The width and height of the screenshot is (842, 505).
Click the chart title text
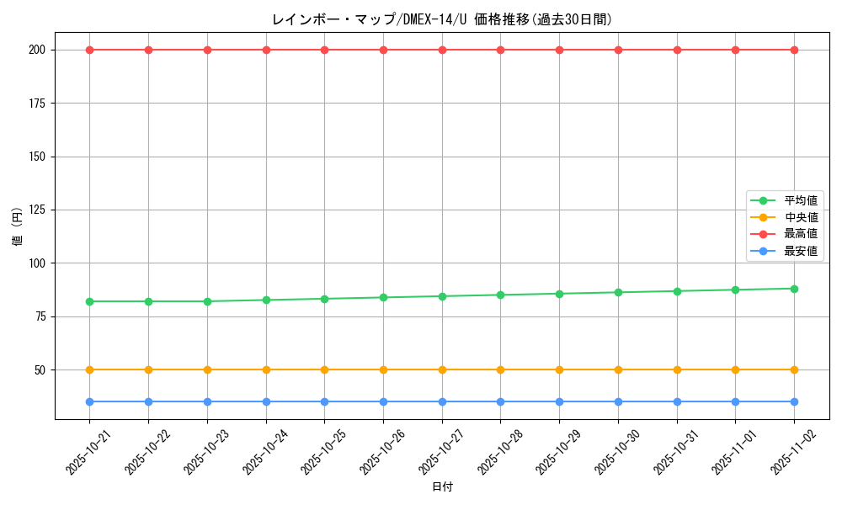coord(442,19)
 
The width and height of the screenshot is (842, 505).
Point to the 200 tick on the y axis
coord(36,50)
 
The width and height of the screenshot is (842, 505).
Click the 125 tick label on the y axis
coord(36,210)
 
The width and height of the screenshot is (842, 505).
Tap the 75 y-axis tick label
coord(40,316)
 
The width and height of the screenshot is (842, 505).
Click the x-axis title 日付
coord(442,487)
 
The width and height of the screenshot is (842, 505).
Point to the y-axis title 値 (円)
coord(18,226)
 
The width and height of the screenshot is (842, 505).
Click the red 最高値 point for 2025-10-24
coord(266,50)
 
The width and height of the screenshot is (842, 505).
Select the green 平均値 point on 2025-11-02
coord(794,289)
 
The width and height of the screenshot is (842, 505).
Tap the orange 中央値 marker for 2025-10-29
coord(559,369)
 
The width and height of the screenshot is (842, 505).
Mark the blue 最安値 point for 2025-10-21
coord(90,401)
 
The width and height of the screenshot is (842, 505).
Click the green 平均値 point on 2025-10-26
coord(383,297)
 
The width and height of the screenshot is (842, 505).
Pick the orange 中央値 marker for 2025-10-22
coord(149,369)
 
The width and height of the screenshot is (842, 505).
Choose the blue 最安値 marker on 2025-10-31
coord(677,401)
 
